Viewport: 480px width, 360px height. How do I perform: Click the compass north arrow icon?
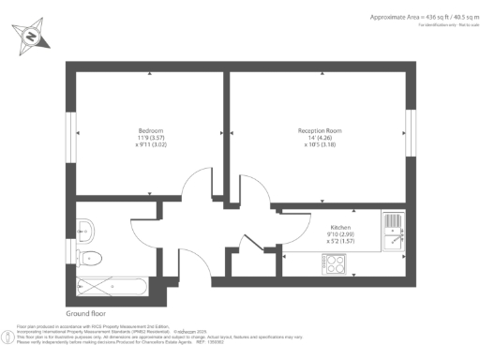click(x=32, y=37)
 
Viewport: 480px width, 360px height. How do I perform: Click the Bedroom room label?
click(x=151, y=130)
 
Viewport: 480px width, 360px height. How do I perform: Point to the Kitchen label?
click(x=340, y=226)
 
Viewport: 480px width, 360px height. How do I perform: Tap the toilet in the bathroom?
click(x=91, y=257)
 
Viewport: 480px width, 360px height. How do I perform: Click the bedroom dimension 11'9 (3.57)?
click(x=151, y=138)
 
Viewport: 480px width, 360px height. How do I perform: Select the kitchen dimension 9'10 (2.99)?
click(x=340, y=233)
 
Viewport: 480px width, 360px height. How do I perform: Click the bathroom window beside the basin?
click(x=70, y=239)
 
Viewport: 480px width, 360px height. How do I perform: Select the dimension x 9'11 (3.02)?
click(x=151, y=145)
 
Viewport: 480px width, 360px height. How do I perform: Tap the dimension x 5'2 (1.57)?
click(x=340, y=241)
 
